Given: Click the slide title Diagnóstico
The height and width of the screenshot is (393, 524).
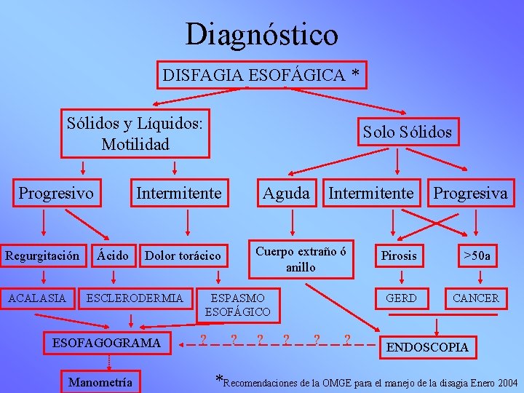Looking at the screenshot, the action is click(x=261, y=34).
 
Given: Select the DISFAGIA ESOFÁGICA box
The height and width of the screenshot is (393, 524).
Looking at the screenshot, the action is click(x=261, y=75).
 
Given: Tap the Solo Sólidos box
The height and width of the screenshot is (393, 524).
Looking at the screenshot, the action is click(x=407, y=132).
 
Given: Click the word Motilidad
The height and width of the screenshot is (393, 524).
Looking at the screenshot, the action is click(x=135, y=144).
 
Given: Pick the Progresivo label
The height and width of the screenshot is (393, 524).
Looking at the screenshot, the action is click(x=56, y=194).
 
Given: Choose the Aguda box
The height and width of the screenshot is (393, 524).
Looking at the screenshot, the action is click(x=286, y=194).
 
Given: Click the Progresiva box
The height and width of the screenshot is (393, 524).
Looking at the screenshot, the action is click(x=470, y=194).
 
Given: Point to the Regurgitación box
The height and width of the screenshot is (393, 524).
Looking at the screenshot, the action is click(x=42, y=255).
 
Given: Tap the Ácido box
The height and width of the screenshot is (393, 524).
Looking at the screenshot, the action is click(x=114, y=255).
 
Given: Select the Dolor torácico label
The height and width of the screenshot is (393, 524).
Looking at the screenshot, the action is click(x=183, y=255).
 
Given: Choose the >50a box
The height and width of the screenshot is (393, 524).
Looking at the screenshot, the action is click(x=477, y=255).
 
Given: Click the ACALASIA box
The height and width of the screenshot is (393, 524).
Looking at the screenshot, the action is click(x=37, y=298).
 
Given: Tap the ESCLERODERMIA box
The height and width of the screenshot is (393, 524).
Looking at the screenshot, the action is click(x=135, y=298).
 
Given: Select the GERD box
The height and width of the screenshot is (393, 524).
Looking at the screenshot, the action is click(x=401, y=298).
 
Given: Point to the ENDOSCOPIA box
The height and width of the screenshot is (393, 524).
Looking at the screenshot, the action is click(x=427, y=347).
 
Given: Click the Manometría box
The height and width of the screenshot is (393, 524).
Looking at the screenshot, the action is click(x=100, y=381).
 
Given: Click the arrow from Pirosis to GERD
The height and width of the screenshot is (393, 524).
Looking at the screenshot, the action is click(x=401, y=277).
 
